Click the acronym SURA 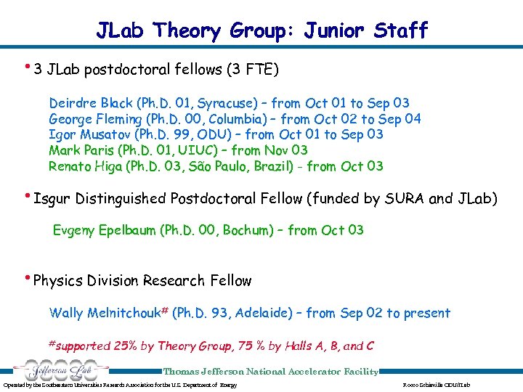[x=413, y=198]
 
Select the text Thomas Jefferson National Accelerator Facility [x=270, y=372]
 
